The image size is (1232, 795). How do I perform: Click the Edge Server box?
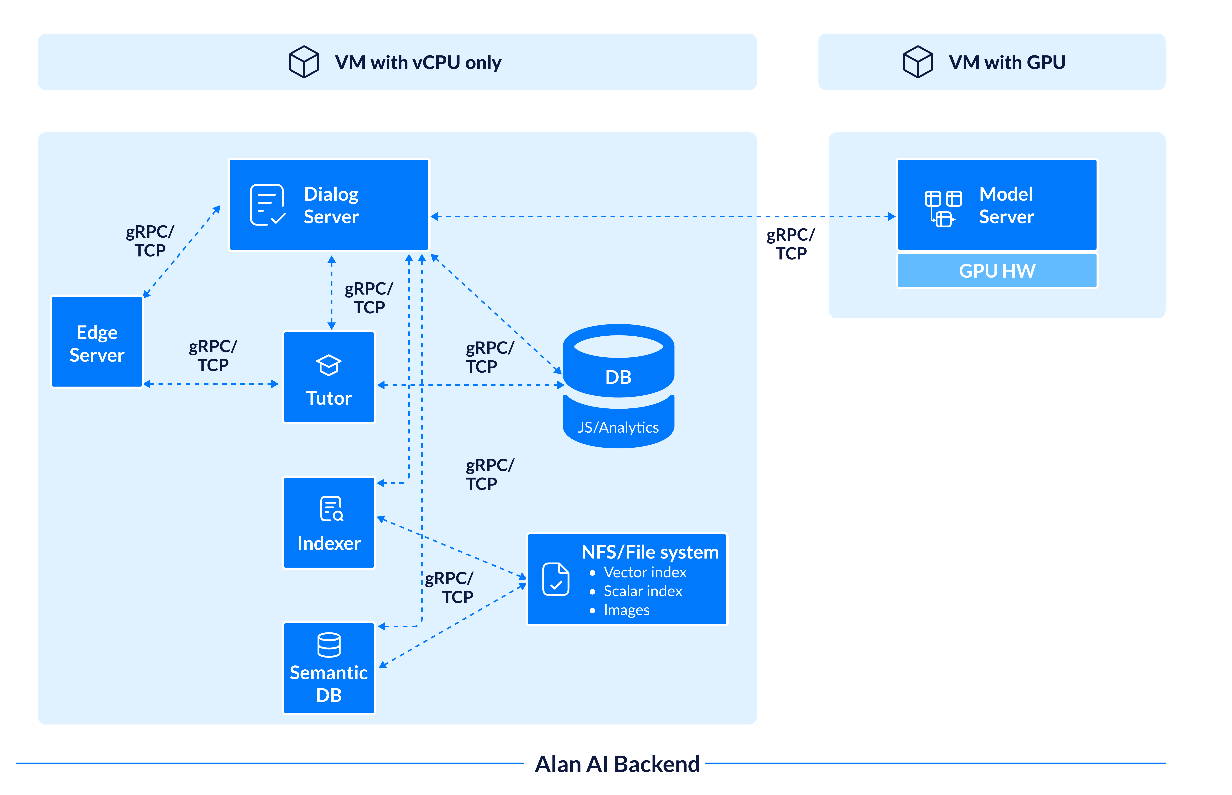click(97, 342)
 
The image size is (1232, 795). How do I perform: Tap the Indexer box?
click(329, 523)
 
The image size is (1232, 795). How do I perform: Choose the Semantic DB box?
click(329, 668)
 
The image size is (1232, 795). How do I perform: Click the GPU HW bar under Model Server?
click(997, 271)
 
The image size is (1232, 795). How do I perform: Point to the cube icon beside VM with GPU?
click(917, 62)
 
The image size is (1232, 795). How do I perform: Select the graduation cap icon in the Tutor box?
click(329, 365)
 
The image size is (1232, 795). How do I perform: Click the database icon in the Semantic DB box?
click(329, 645)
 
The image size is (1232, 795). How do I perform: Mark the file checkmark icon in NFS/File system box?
click(556, 579)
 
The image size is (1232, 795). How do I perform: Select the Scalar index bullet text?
click(643, 591)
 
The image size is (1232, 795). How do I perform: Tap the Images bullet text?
click(626, 610)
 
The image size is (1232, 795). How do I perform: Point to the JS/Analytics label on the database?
click(618, 427)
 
